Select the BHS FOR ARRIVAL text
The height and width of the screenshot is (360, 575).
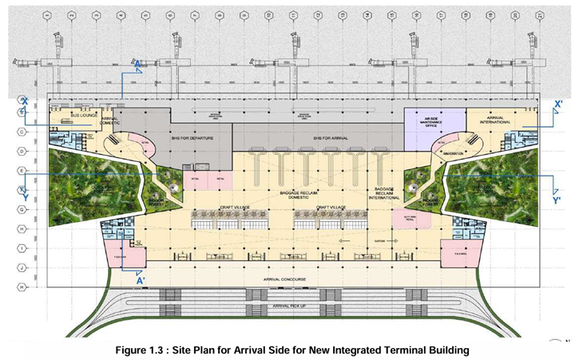pos(332,138)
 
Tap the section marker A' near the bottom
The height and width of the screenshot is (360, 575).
pos(141,280)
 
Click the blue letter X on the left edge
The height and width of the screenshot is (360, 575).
pos(24,101)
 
